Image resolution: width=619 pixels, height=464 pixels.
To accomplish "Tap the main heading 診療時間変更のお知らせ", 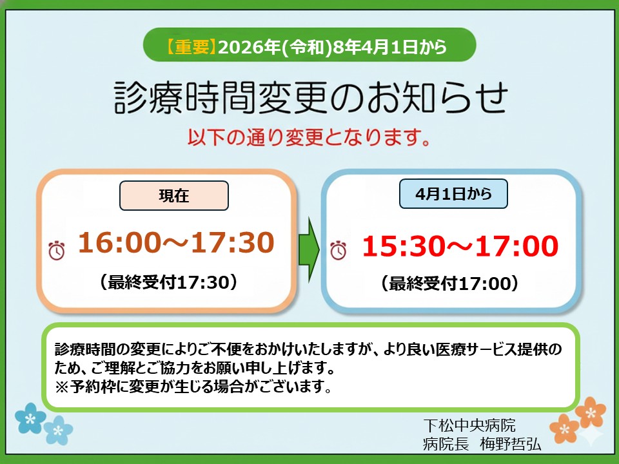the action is click(311, 97).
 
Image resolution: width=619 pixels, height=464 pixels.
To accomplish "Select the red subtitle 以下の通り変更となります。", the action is click(309, 137).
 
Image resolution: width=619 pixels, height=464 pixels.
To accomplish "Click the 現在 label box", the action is click(174, 195).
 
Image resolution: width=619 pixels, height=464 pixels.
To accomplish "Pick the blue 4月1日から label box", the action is click(453, 194).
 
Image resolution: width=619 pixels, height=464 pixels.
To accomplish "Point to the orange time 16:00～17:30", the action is click(176, 242).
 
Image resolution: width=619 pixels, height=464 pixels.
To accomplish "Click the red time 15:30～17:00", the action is click(460, 246).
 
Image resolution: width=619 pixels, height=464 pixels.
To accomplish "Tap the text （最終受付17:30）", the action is click(168, 282).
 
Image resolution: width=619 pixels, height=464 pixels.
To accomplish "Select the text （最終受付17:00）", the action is click(449, 284).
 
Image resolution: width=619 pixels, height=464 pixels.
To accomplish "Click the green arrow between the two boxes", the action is click(309, 249).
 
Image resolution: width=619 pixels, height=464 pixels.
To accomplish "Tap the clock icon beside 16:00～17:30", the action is click(57, 250).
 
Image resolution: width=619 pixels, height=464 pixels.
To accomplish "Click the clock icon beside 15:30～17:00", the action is click(339, 250).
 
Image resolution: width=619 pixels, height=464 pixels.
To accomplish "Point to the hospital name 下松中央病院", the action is click(469, 425).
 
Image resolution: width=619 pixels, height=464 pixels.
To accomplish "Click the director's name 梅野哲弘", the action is click(511, 444).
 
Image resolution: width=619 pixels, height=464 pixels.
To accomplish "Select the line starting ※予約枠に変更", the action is click(193, 386).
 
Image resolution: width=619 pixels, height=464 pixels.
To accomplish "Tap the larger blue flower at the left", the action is click(30, 418).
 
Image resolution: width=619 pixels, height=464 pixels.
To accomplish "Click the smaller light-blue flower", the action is click(58, 430).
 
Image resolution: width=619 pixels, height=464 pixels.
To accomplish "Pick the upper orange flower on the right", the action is click(590, 412).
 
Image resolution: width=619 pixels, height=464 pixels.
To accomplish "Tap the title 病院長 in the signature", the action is click(446, 444).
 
